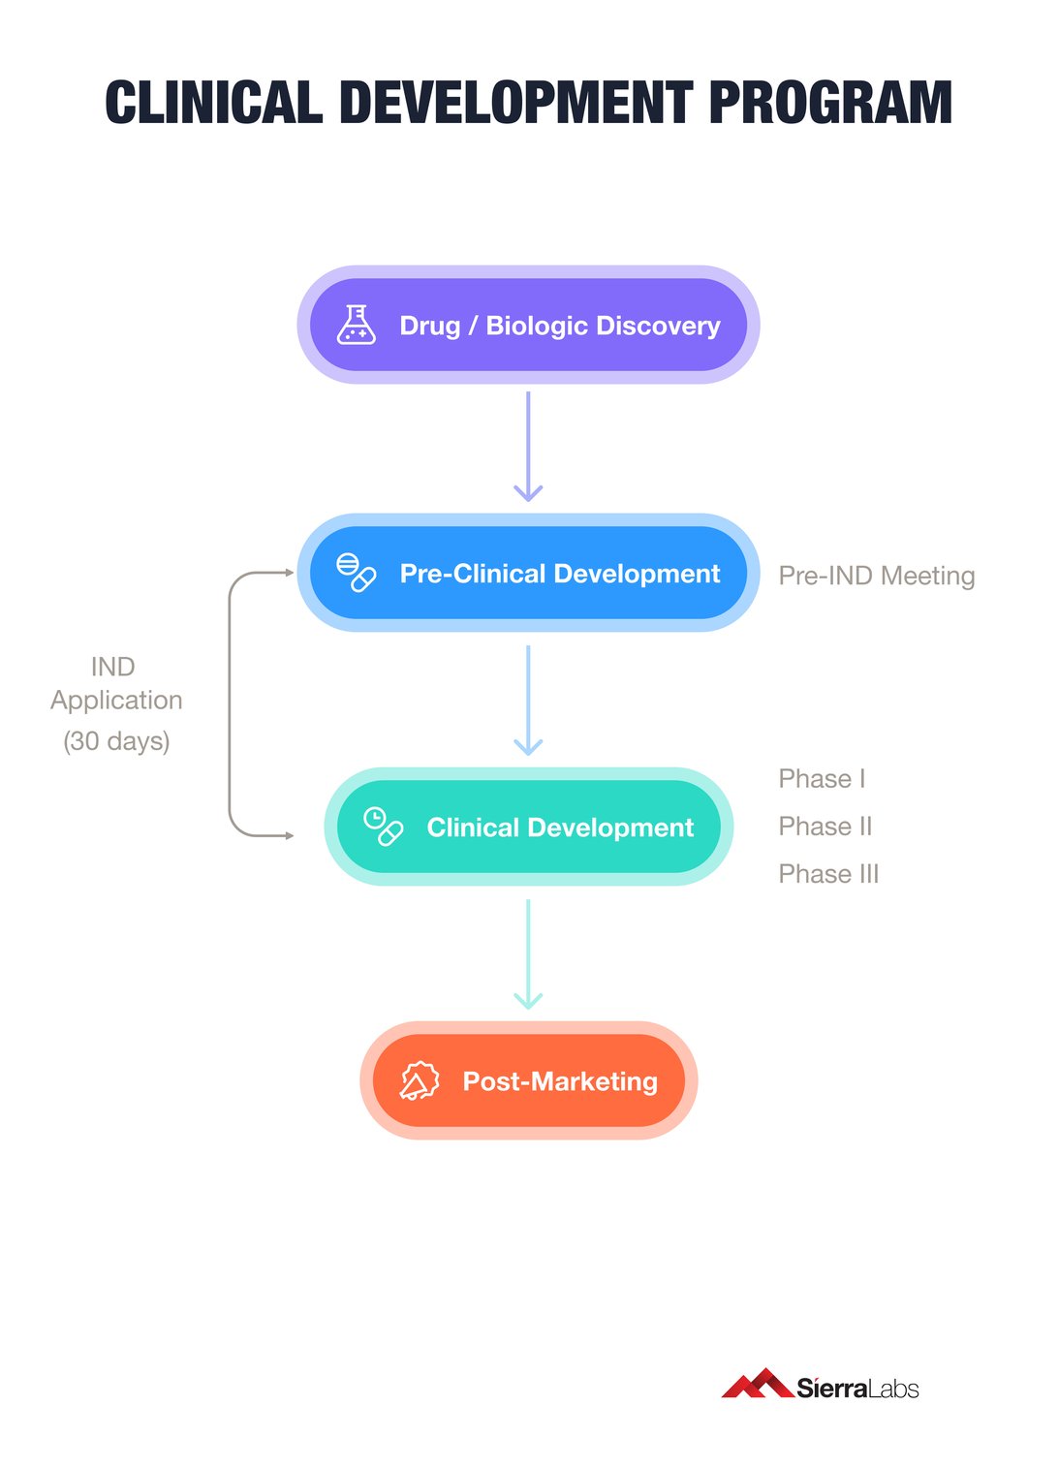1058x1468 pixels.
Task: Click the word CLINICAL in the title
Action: (213, 102)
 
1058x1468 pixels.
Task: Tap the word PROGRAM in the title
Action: (830, 102)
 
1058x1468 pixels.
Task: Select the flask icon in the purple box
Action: (356, 325)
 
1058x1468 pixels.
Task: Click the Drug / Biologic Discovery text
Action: (559, 326)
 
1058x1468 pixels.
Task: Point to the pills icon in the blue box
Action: (356, 573)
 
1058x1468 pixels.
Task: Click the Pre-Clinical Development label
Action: (559, 574)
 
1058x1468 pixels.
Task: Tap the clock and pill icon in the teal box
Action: (383, 827)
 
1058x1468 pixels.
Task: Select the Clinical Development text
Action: (559, 828)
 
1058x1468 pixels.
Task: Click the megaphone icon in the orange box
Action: (419, 1080)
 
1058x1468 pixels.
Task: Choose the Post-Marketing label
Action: (559, 1081)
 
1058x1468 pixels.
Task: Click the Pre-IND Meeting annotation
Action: (876, 576)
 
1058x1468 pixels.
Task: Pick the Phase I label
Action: (822, 779)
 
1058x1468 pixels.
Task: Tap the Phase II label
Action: (825, 827)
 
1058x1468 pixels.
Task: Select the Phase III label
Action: (828, 874)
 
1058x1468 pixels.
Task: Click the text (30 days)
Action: (116, 741)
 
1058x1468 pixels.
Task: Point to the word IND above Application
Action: (112, 667)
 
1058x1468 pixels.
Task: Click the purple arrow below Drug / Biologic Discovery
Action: (528, 446)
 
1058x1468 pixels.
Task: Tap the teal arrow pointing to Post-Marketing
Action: (528, 954)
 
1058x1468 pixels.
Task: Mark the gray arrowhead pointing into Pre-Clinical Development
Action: (289, 573)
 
